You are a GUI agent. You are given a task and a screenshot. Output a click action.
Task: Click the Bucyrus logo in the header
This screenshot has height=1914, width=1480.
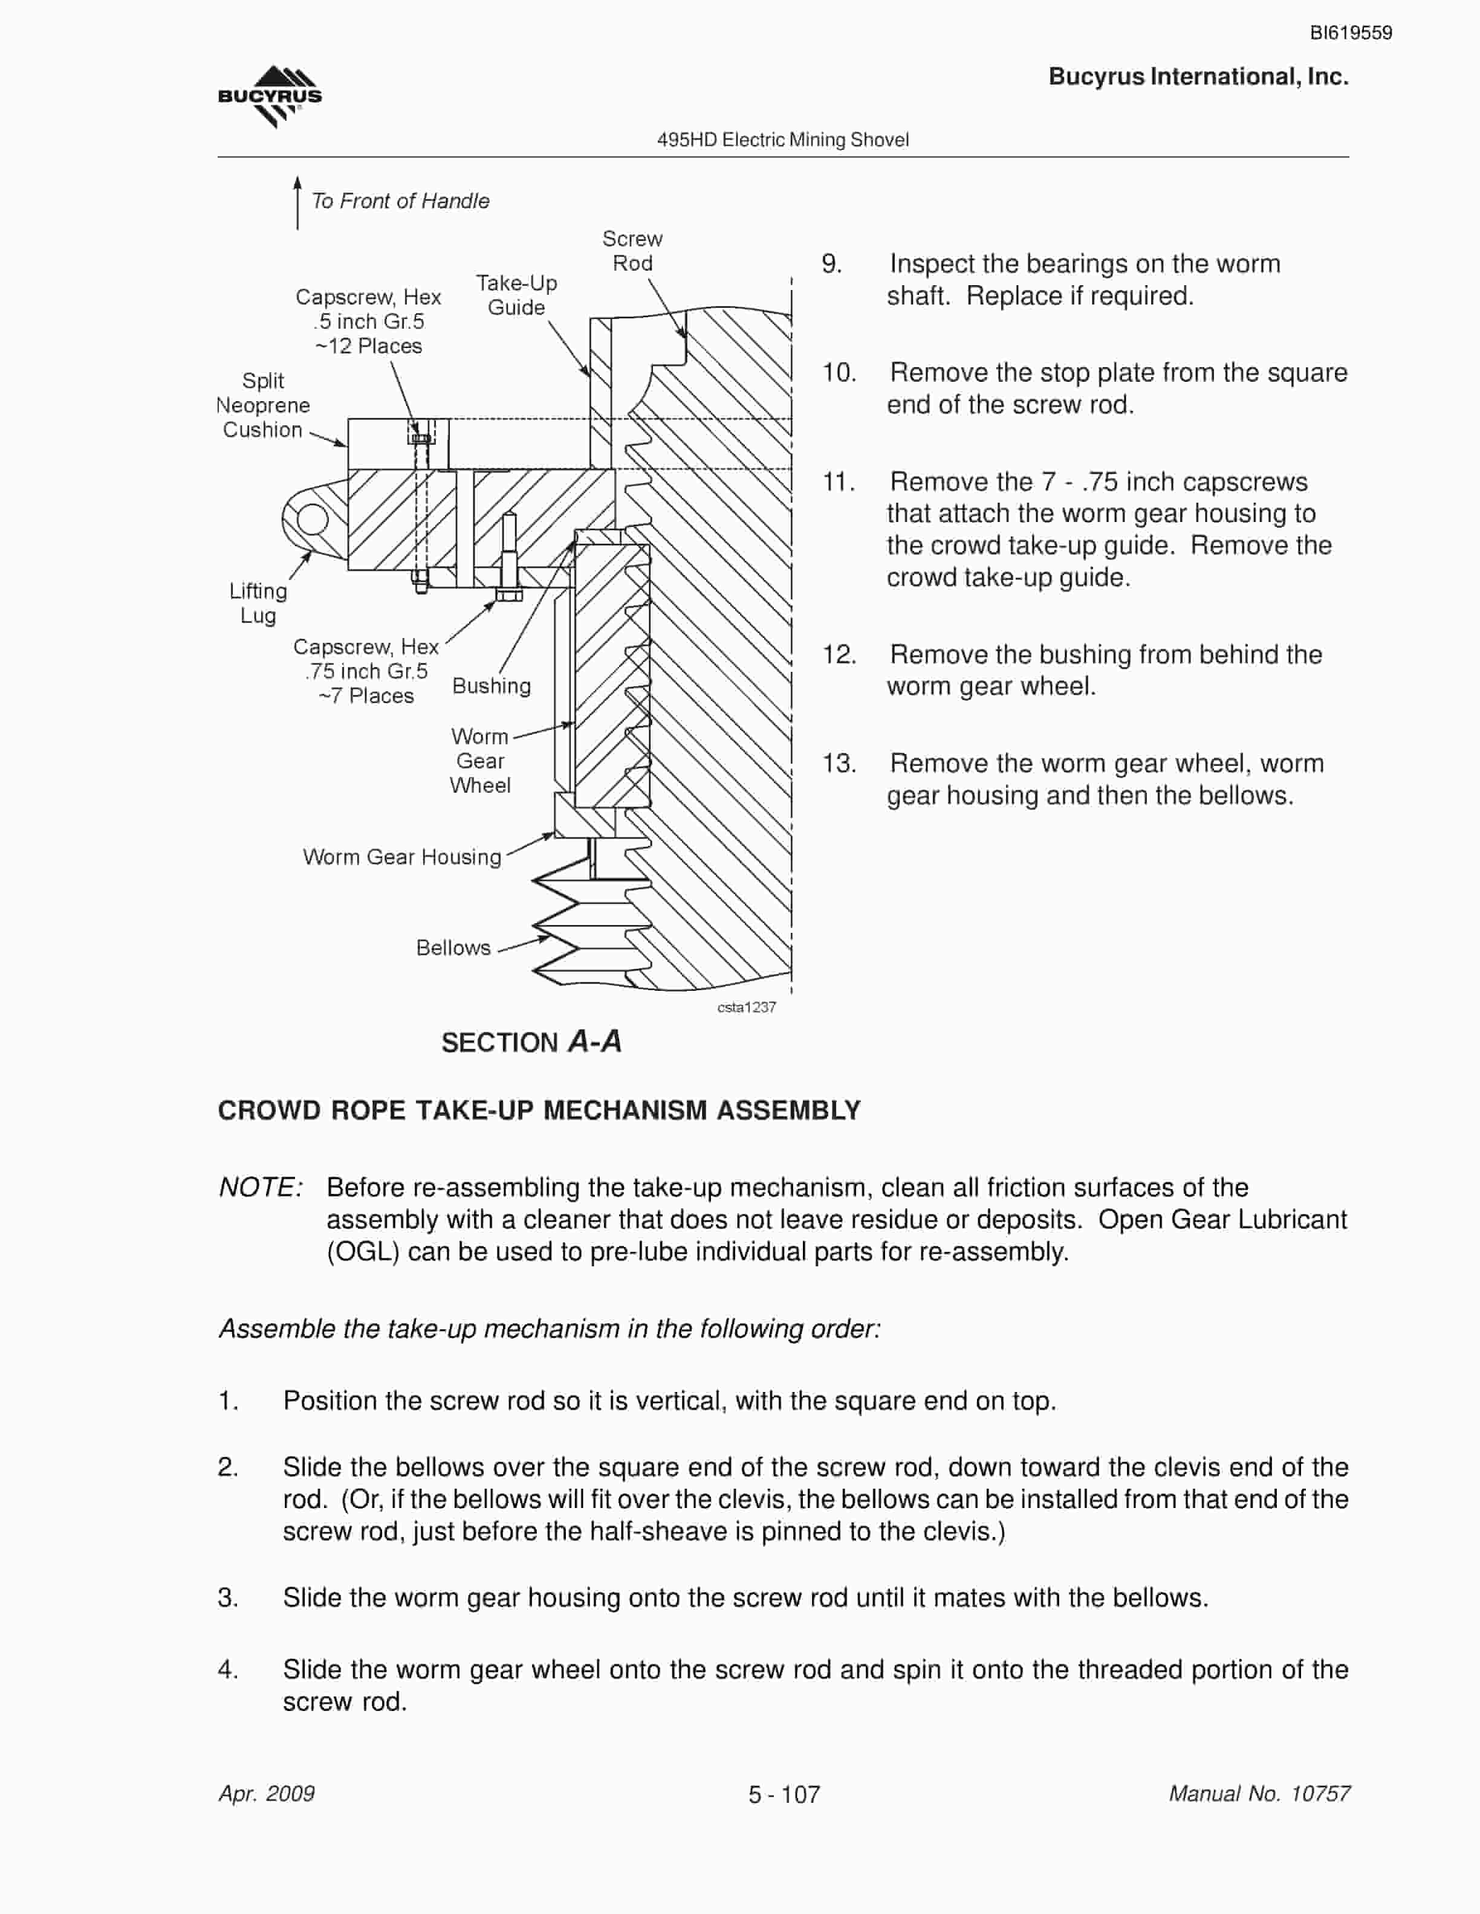[270, 97]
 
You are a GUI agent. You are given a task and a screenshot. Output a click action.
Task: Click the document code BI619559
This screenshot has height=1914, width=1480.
[1350, 33]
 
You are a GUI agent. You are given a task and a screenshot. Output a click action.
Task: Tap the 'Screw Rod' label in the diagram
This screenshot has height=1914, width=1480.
[632, 251]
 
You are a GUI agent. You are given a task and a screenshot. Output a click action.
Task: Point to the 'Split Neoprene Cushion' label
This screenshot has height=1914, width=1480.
[263, 405]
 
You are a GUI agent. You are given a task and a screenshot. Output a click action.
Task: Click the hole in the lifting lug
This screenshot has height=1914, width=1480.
[312, 520]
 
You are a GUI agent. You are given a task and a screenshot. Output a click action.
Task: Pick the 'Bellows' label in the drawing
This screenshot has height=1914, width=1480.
[453, 947]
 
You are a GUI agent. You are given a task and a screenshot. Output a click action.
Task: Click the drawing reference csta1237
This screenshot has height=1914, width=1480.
[746, 1007]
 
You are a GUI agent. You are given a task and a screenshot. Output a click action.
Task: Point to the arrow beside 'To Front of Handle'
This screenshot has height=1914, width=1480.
[297, 202]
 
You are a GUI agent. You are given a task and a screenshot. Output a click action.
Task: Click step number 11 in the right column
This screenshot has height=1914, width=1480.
[838, 482]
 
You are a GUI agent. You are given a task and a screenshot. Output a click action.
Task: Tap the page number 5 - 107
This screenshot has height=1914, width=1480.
[784, 1795]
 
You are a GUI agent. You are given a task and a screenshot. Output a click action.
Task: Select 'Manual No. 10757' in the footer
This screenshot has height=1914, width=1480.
[1259, 1794]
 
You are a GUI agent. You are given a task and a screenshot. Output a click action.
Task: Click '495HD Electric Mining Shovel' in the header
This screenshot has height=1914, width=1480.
[783, 140]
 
